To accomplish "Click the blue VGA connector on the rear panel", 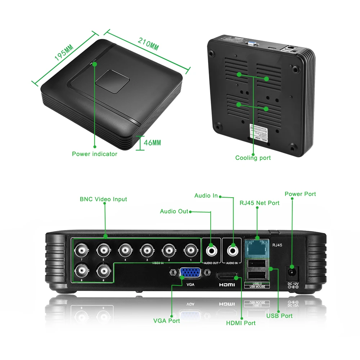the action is (x=190, y=274).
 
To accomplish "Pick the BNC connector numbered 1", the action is (x=190, y=249).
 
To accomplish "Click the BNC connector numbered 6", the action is (x=103, y=270).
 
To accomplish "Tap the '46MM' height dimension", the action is (x=152, y=143).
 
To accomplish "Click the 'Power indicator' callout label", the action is (x=95, y=154).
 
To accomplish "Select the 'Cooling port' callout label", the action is (x=253, y=158).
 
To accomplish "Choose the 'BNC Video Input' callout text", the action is (x=103, y=199).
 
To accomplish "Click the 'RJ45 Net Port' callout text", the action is (x=260, y=203).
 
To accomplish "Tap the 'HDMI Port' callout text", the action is (x=241, y=323).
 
